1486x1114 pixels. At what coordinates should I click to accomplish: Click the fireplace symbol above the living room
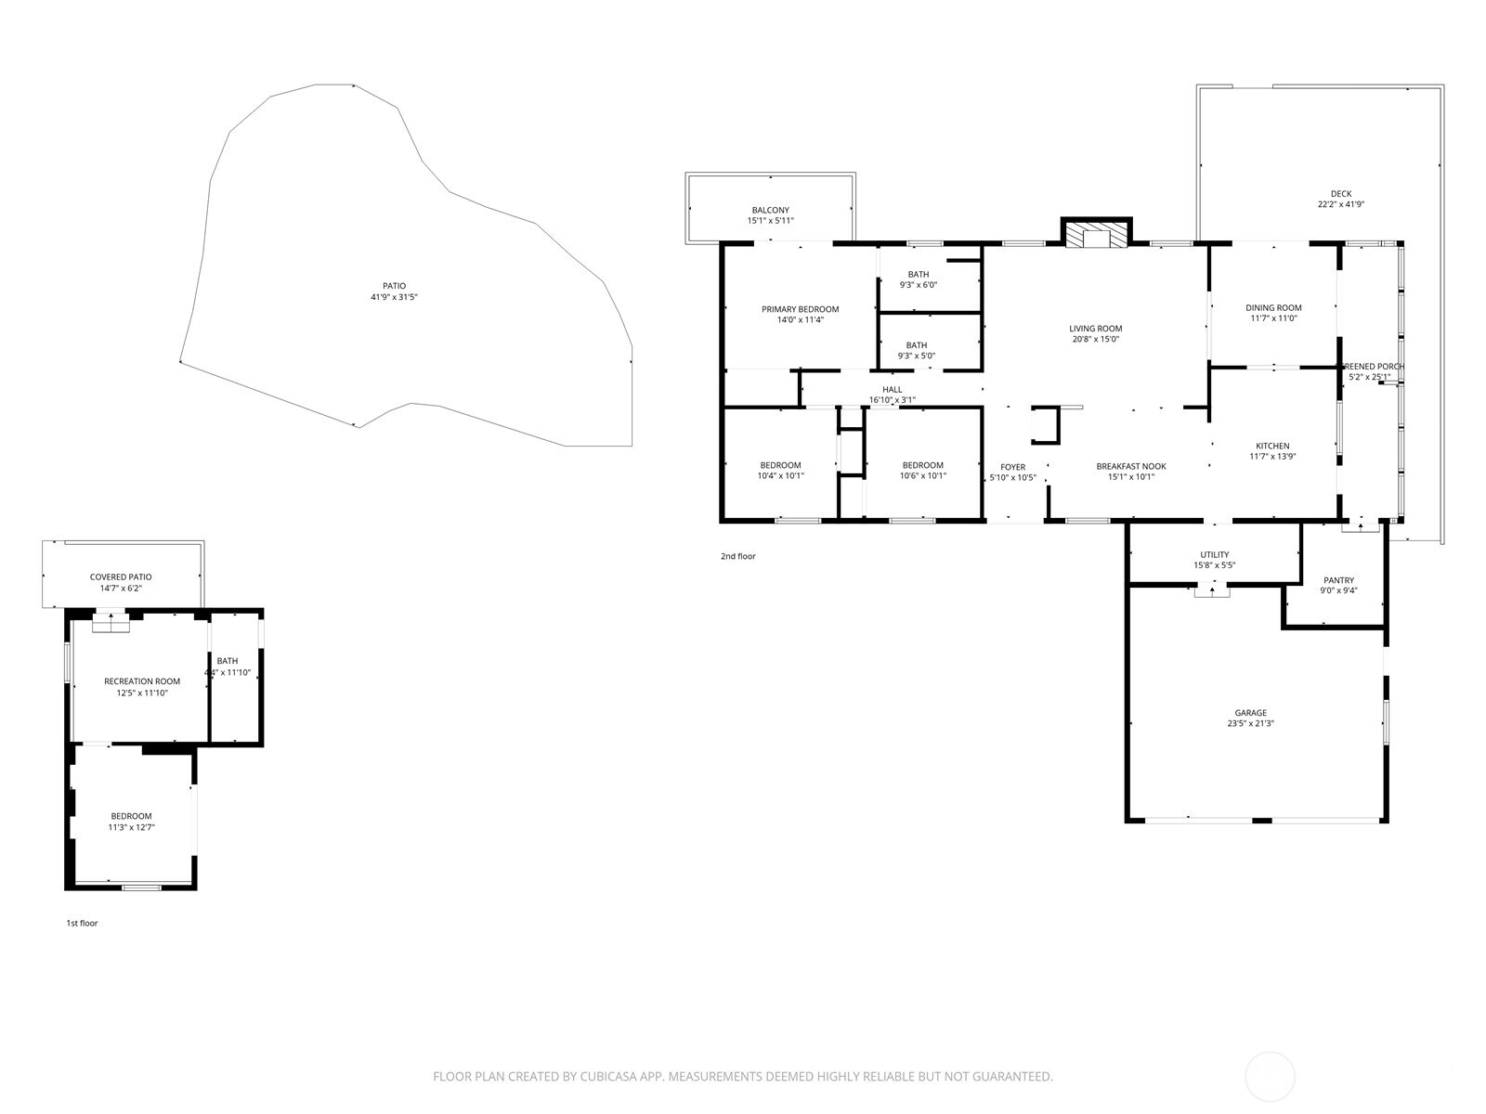tap(1097, 235)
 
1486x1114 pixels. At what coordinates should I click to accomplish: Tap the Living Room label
tap(1095, 329)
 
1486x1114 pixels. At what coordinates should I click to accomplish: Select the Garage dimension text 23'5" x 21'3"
tap(1250, 724)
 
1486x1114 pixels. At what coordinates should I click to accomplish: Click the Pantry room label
tap(1338, 580)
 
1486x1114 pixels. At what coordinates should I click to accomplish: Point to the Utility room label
tap(1214, 555)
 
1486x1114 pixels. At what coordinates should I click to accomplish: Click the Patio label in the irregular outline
tap(394, 286)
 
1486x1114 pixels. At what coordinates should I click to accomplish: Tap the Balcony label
tap(770, 211)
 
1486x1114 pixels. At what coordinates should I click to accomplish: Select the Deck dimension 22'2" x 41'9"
tap(1340, 205)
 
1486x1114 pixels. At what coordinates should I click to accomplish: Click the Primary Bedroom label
tap(800, 309)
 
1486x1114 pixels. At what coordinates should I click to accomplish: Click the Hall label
tap(892, 390)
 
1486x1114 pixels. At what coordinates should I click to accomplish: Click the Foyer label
tap(1012, 467)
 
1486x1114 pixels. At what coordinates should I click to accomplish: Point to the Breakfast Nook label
tap(1130, 467)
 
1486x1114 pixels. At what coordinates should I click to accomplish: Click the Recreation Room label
tap(142, 681)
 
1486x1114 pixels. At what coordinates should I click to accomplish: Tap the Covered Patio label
tap(121, 577)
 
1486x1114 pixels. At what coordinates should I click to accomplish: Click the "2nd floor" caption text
tap(737, 557)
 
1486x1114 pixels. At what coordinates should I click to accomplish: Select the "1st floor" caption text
tap(82, 924)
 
